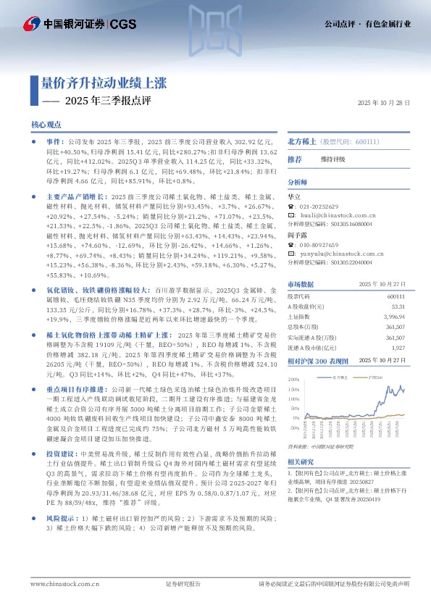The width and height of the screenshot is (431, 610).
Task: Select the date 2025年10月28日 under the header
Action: pos(384,104)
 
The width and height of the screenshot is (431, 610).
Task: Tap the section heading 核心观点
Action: pos(46,125)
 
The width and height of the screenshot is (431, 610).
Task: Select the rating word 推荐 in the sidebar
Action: pos(295,159)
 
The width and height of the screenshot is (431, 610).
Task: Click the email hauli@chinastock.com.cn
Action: pos(332,214)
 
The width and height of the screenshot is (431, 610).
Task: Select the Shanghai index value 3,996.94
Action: pos(393,317)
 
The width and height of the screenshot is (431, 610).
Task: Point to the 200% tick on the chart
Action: pos(293,379)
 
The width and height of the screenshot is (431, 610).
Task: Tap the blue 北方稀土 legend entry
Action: pos(340,377)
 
